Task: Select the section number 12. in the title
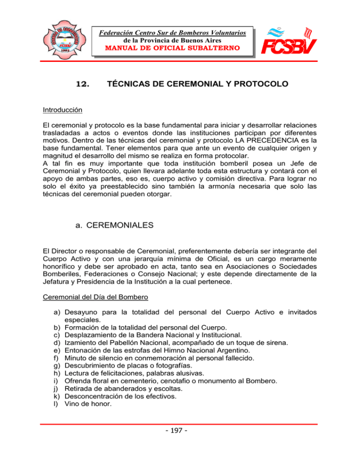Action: pyautogui.click(x=83, y=85)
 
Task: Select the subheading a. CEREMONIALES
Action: pyautogui.click(x=111, y=225)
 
